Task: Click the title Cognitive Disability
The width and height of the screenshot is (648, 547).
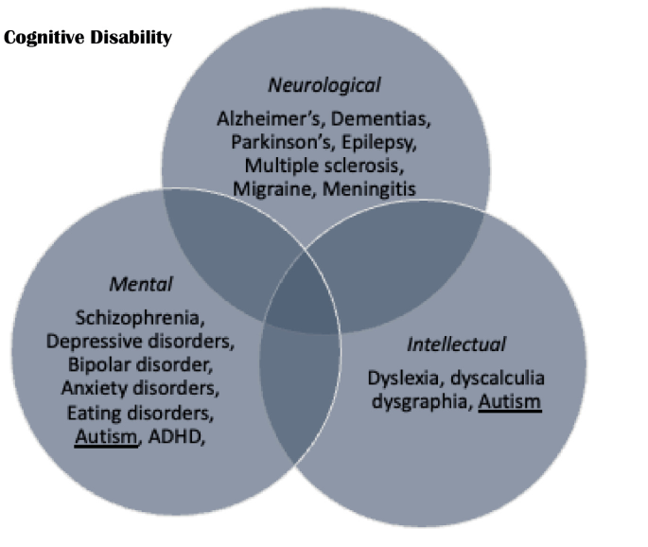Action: pyautogui.click(x=88, y=38)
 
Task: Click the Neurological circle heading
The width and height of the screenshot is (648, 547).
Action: pyautogui.click(x=324, y=85)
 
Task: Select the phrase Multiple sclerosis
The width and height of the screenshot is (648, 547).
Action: pyautogui.click(x=324, y=166)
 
